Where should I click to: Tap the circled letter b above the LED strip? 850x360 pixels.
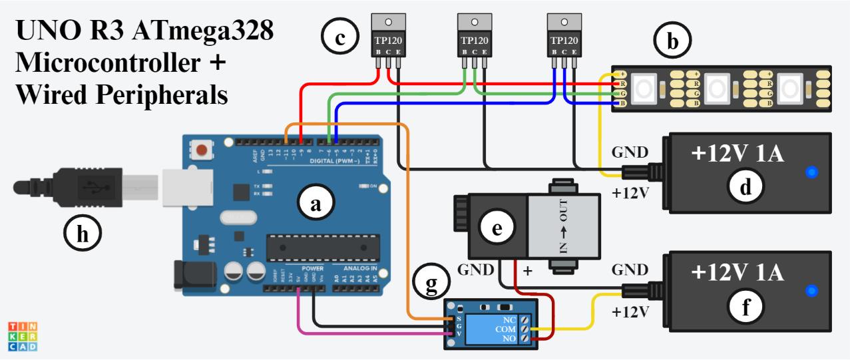(672, 41)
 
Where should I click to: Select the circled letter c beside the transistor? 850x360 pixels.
(340, 37)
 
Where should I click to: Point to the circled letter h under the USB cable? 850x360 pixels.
(83, 234)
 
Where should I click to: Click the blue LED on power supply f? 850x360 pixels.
(811, 291)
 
